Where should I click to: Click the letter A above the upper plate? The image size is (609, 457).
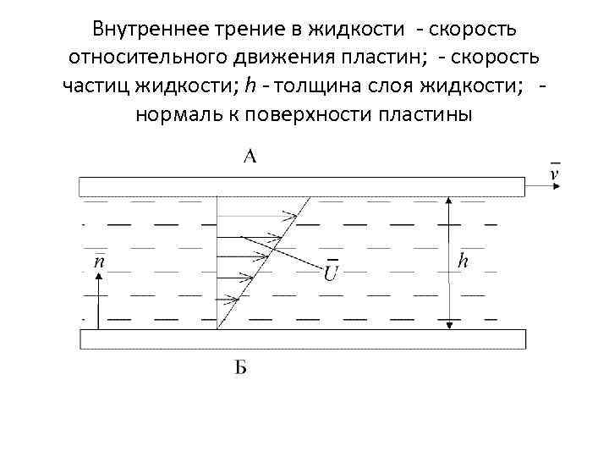250,156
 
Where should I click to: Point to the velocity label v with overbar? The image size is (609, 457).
554,173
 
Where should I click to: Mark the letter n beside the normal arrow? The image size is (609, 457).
99,262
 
